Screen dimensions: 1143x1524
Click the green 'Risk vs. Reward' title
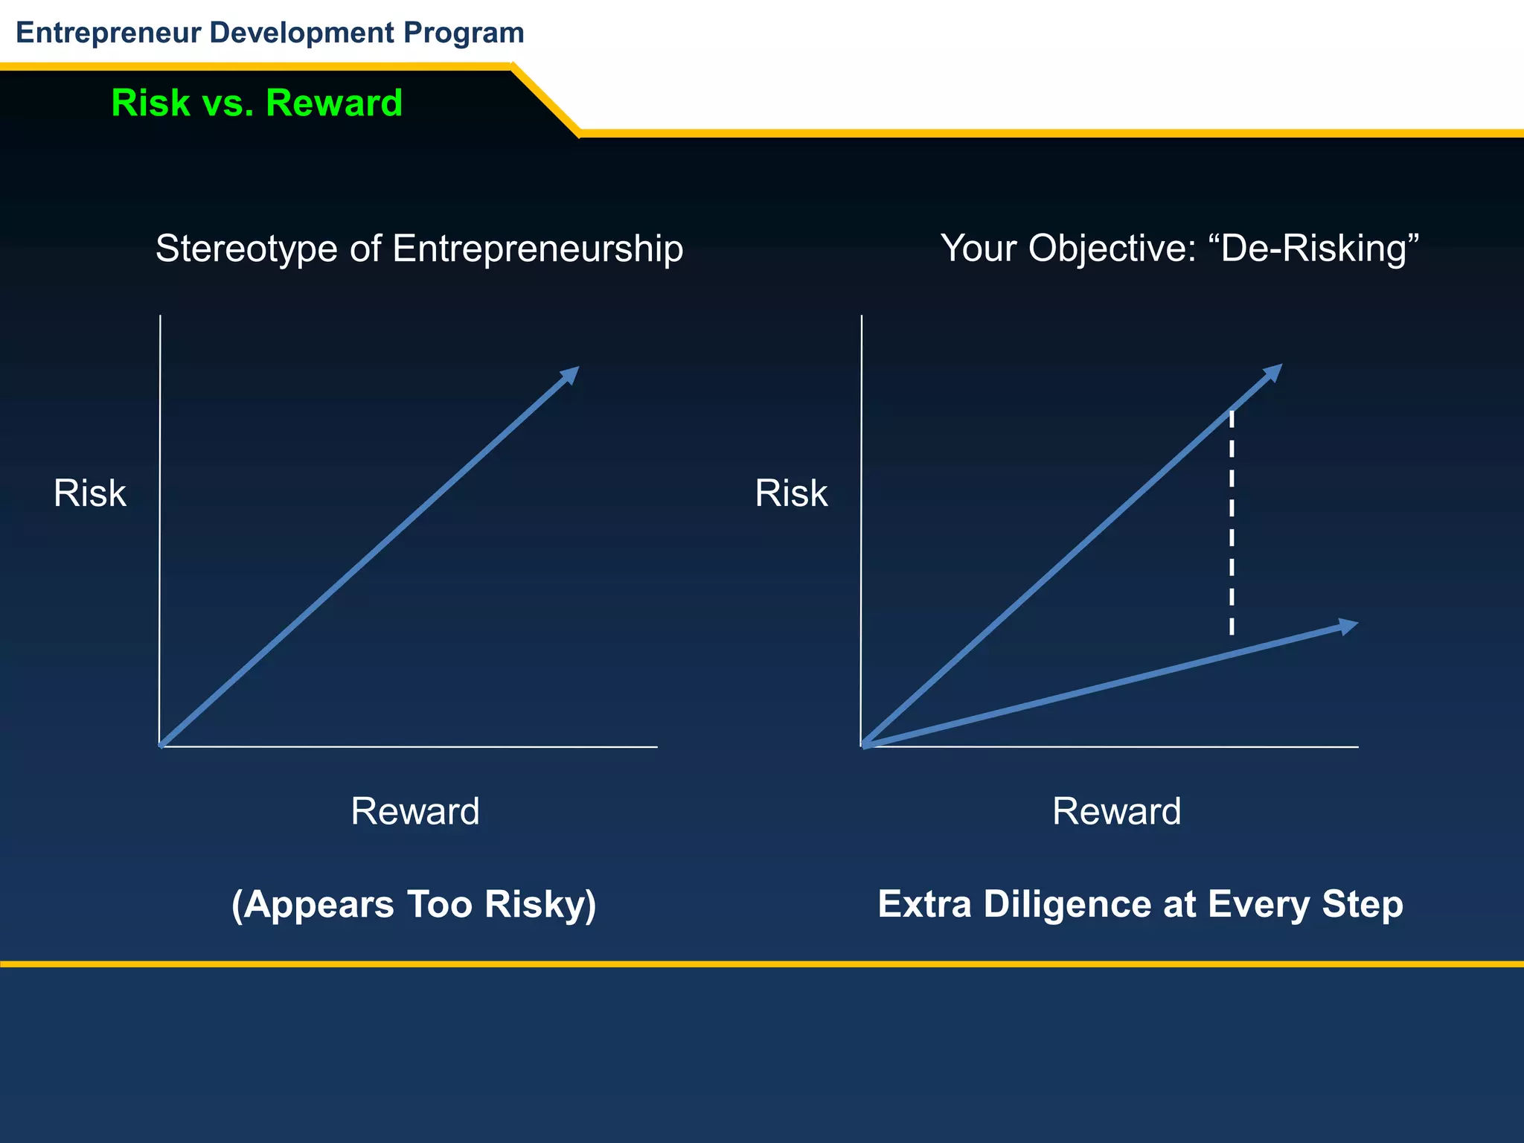click(x=257, y=103)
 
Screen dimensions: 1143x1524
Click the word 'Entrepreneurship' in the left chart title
click(x=537, y=248)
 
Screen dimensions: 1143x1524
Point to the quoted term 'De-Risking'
click(x=1313, y=248)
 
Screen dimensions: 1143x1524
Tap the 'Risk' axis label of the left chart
click(x=90, y=493)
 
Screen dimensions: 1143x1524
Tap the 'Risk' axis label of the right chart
click(x=791, y=493)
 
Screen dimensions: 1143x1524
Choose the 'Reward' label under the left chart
click(x=415, y=811)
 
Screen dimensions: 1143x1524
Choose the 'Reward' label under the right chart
click(x=1116, y=811)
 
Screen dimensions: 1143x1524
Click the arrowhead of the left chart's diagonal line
click(x=571, y=374)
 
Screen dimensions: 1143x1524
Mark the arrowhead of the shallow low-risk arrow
click(x=1348, y=626)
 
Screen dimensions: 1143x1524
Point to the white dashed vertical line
click(x=1232, y=521)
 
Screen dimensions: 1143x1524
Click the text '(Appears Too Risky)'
click(x=414, y=904)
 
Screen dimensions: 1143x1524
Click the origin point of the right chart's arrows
click(x=864, y=745)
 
